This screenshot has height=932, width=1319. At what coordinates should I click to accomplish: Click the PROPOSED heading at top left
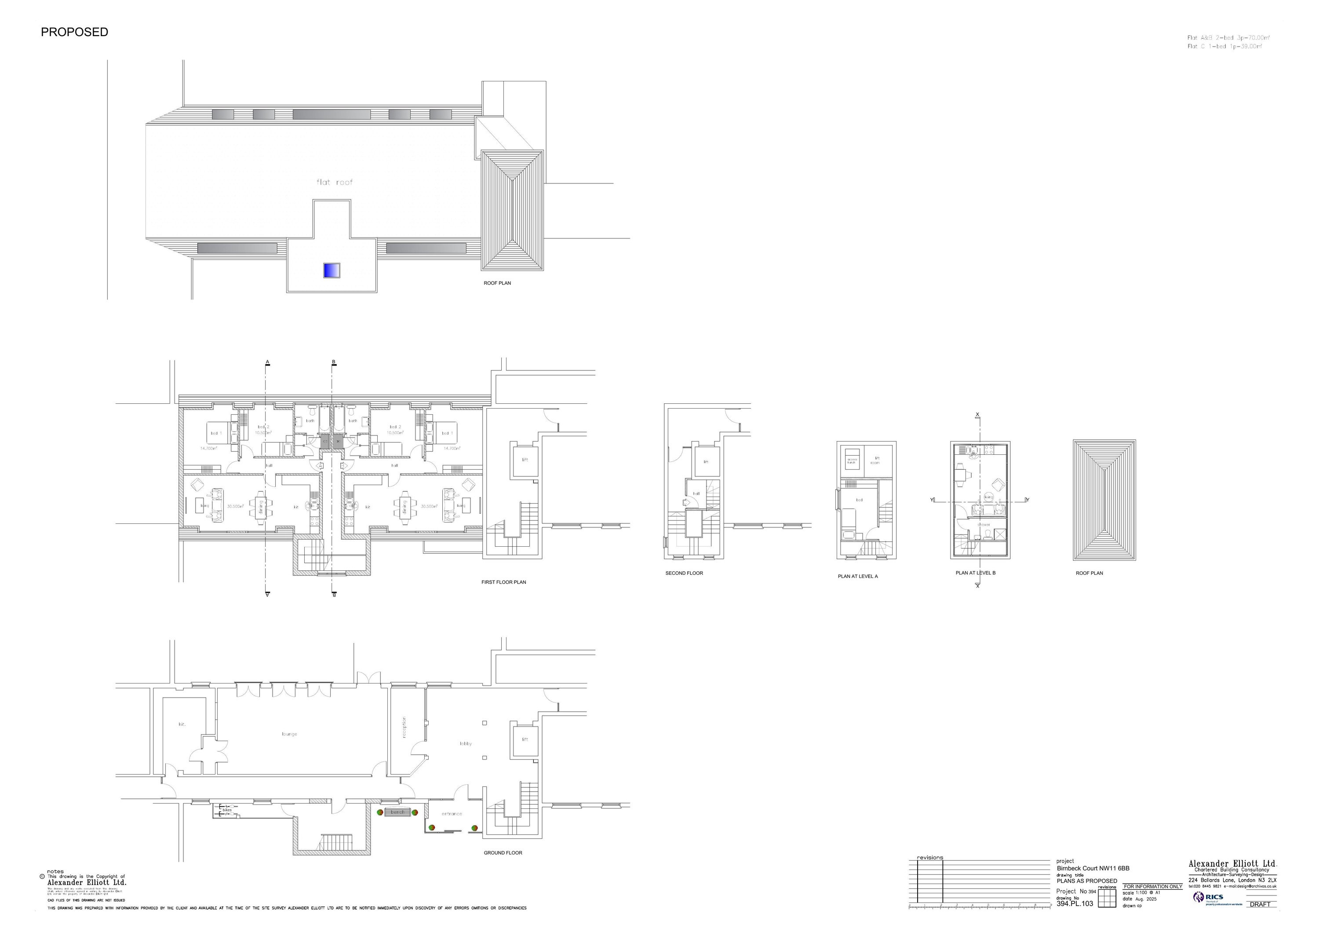(x=74, y=32)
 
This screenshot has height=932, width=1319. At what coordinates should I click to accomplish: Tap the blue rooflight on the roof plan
(x=332, y=270)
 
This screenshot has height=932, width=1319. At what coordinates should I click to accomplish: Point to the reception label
(x=404, y=727)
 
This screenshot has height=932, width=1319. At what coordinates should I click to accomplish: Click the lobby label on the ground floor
(x=465, y=743)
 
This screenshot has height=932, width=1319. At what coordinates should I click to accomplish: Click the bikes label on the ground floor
(x=227, y=810)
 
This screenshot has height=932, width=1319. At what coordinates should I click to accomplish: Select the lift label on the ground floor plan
(x=525, y=739)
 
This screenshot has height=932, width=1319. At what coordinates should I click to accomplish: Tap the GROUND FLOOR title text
(x=503, y=853)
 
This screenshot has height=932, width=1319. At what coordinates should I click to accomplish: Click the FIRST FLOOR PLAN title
(x=503, y=582)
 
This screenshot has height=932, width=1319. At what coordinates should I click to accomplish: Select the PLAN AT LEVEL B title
(x=976, y=573)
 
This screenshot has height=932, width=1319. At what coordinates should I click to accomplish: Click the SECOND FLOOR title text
(x=684, y=573)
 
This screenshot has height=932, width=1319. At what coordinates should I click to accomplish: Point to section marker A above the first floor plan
(x=268, y=362)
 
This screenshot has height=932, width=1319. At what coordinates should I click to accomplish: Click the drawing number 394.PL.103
(x=1075, y=904)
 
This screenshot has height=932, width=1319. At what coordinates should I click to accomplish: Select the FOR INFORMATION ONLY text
(x=1152, y=887)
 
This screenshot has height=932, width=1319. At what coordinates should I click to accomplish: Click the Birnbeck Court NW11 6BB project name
(x=1093, y=868)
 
